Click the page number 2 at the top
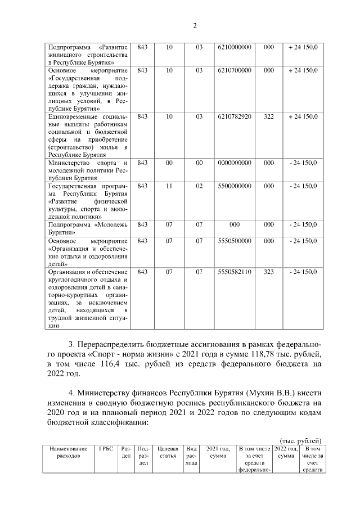(194, 25)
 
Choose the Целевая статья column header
(168, 452)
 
